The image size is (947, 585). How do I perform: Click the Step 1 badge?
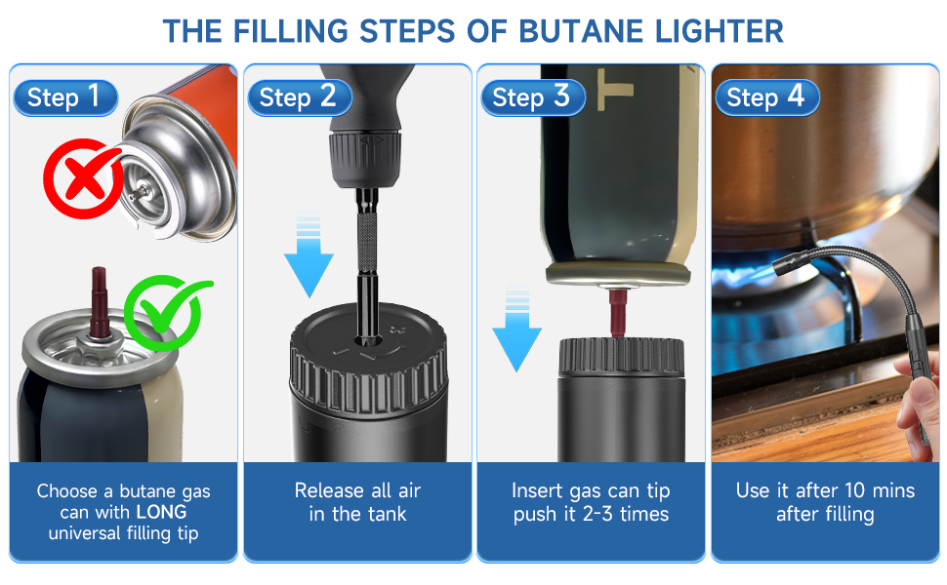(64, 97)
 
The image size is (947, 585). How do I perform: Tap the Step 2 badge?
(299, 97)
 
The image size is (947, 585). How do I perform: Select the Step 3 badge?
(532, 97)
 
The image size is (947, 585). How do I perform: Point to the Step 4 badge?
(766, 97)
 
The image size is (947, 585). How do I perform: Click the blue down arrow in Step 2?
(309, 255)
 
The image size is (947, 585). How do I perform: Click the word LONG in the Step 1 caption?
(160, 512)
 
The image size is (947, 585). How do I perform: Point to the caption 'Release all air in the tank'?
(357, 502)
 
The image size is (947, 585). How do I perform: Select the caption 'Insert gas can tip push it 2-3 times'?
(591, 502)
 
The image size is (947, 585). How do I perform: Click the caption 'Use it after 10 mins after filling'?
(825, 502)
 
